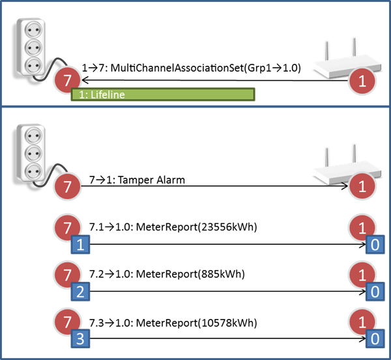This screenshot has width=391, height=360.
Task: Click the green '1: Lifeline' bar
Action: [163, 94]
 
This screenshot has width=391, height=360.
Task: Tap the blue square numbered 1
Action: [80, 245]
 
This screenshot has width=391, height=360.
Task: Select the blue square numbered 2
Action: [80, 291]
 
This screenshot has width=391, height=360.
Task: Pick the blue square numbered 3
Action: [80, 338]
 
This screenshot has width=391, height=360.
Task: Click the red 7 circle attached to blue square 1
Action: [67, 230]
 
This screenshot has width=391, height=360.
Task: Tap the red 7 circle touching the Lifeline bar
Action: [67, 81]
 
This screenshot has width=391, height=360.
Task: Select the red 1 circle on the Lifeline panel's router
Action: [362, 81]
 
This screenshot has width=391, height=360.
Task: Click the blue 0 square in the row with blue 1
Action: [375, 245]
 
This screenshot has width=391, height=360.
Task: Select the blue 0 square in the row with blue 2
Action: [375, 291]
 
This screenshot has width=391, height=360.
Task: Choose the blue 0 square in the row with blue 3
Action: [375, 338]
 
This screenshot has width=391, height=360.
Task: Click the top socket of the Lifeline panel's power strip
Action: [33, 29]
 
